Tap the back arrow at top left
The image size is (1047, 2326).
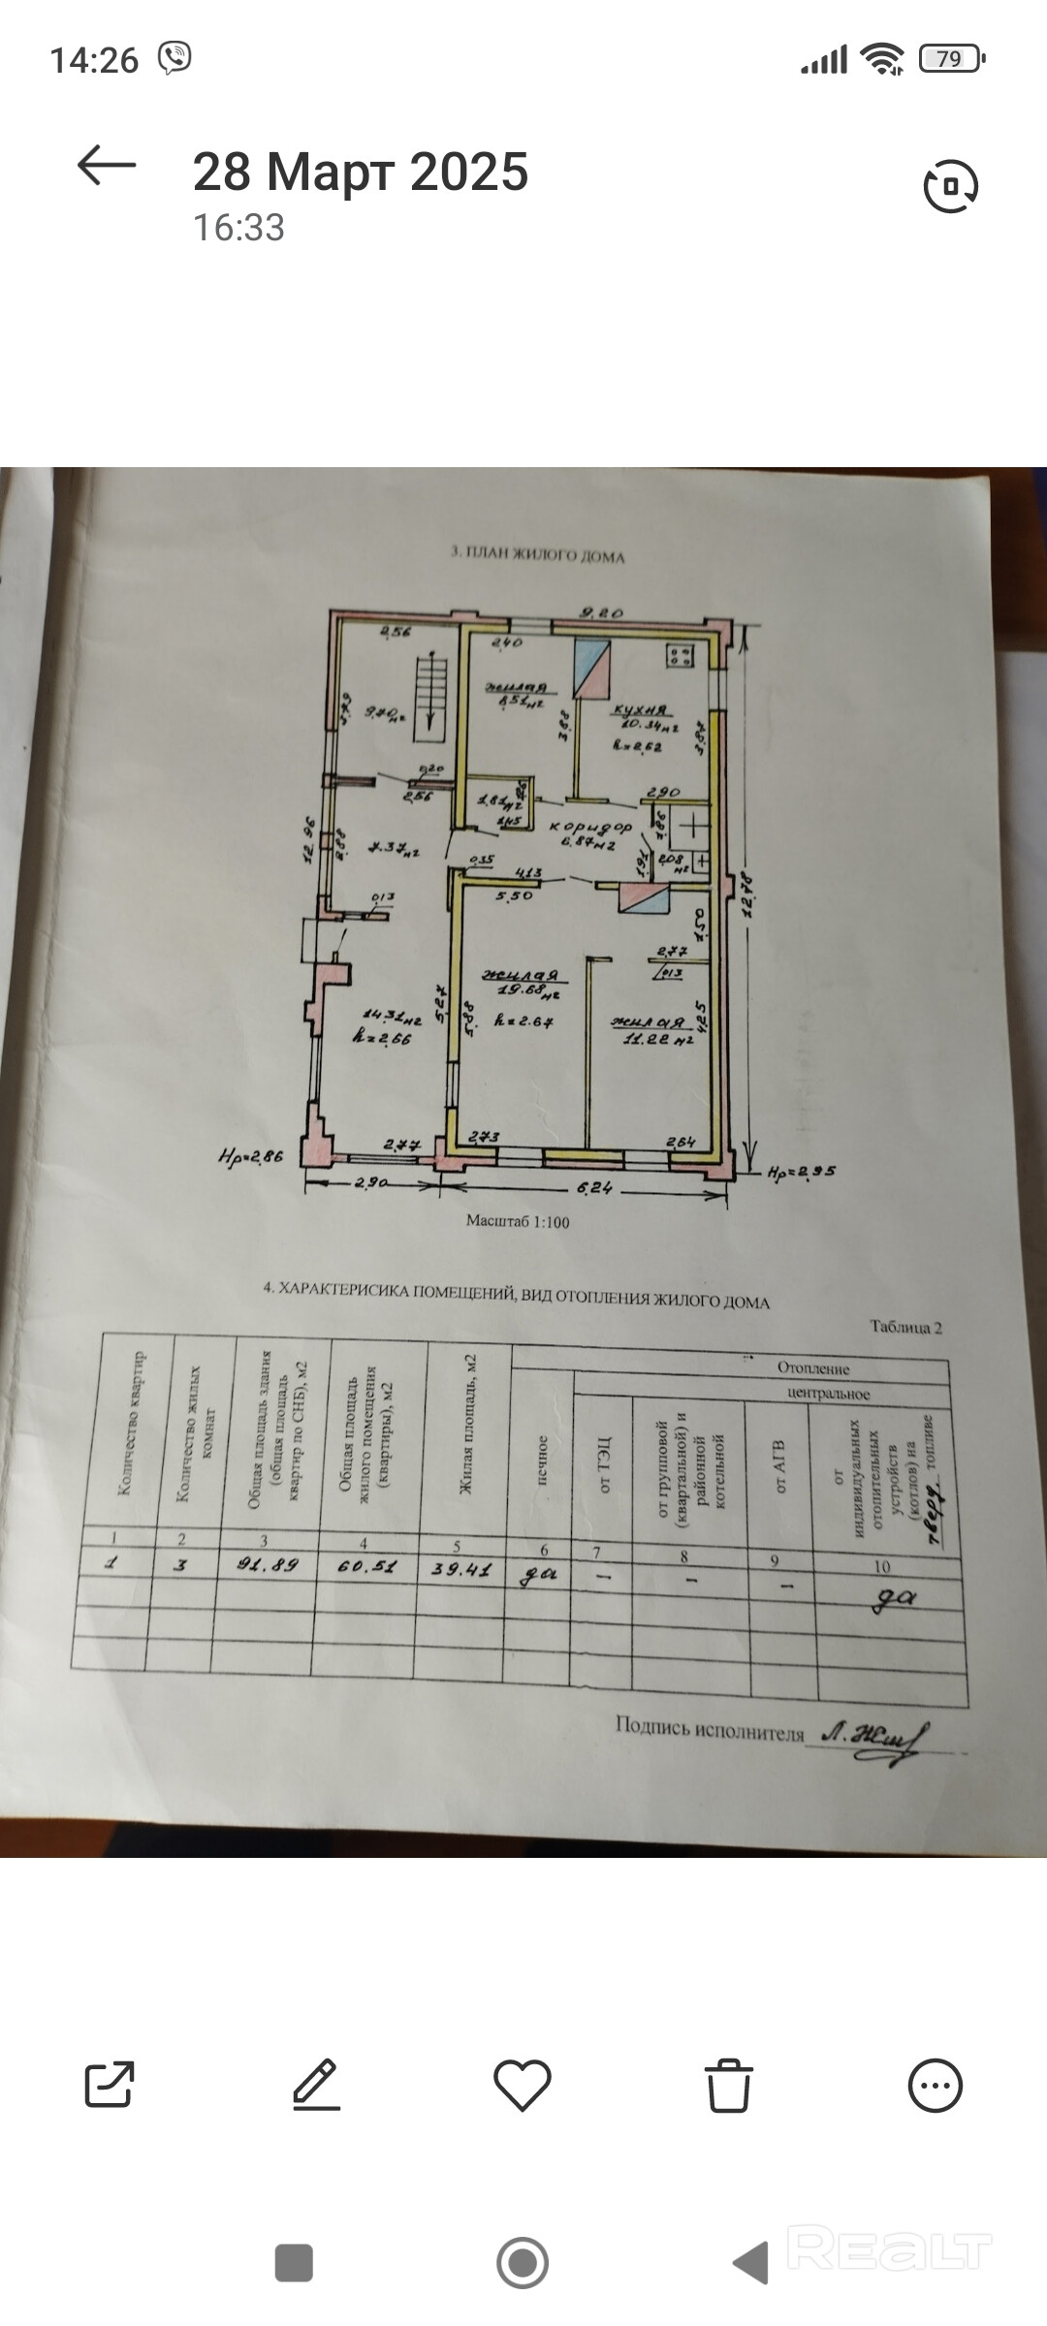point(107,166)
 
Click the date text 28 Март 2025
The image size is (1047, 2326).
point(361,173)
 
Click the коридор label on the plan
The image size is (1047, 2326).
point(590,828)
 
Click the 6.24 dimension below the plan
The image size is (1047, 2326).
point(595,1188)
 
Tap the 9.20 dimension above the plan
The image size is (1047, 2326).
point(601,613)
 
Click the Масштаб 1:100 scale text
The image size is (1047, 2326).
point(518,1222)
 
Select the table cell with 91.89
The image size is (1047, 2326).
point(269,1565)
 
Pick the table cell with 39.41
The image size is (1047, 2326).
point(461,1570)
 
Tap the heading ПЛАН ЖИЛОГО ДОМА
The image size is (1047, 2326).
point(538,556)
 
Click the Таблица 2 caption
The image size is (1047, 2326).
point(905,1328)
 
